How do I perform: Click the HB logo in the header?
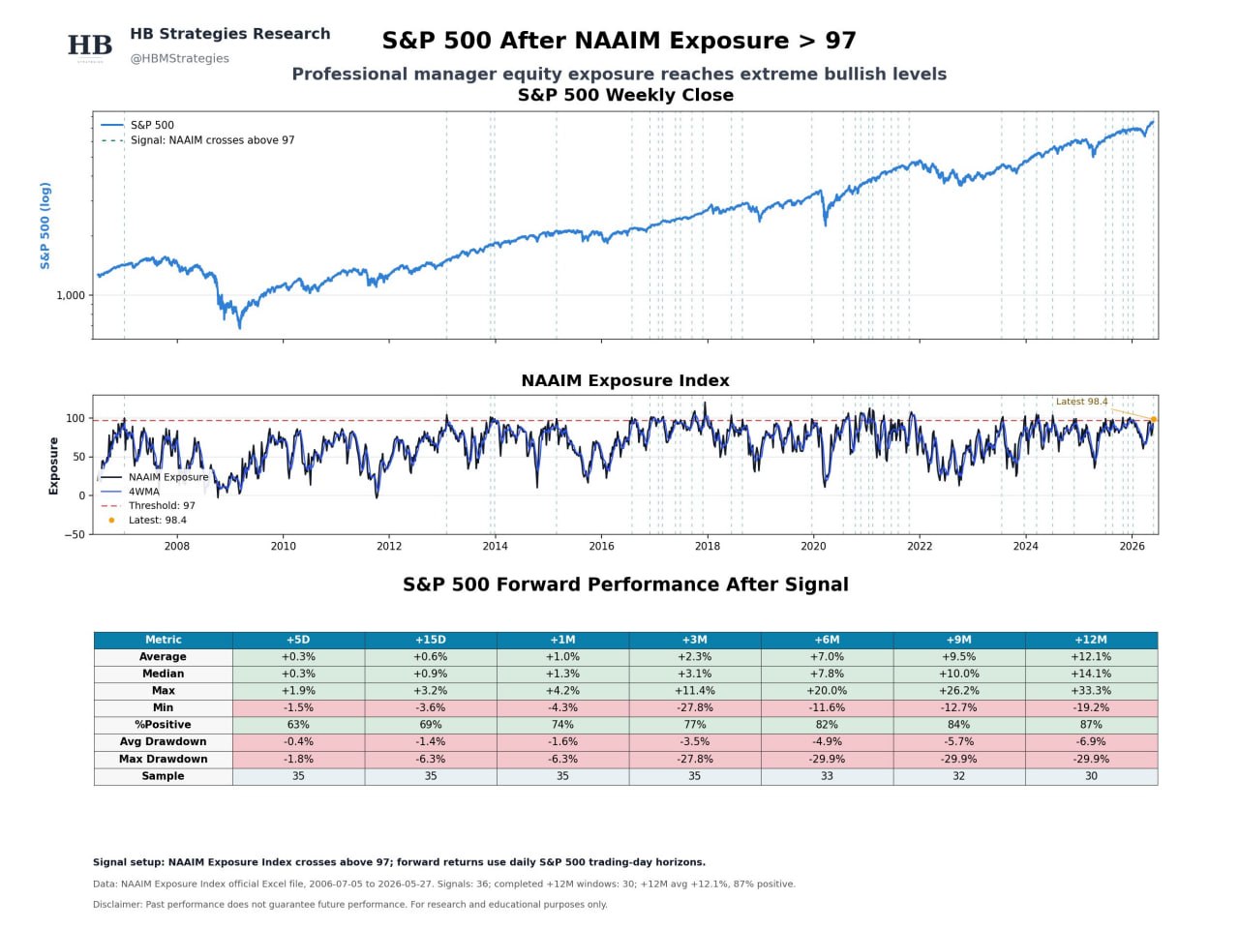click(x=90, y=45)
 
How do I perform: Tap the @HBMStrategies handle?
click(x=179, y=58)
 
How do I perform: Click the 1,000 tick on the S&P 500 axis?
click(x=71, y=295)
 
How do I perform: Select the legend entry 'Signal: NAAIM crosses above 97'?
click(x=212, y=140)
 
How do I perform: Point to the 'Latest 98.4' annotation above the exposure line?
click(x=1081, y=401)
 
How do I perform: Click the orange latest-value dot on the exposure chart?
click(x=1153, y=419)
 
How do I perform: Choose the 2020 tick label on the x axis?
click(x=813, y=546)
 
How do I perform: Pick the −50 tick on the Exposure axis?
click(x=75, y=534)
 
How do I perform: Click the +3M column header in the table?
click(x=694, y=640)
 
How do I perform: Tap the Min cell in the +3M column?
click(x=694, y=707)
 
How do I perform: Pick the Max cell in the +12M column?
click(x=1091, y=690)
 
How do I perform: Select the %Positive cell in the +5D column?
click(x=298, y=724)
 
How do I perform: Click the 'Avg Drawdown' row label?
click(x=164, y=741)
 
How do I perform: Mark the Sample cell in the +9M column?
click(x=958, y=775)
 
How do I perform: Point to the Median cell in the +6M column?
click(x=827, y=674)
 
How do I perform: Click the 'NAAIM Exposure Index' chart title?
click(x=625, y=380)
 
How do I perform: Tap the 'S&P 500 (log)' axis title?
click(x=45, y=225)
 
